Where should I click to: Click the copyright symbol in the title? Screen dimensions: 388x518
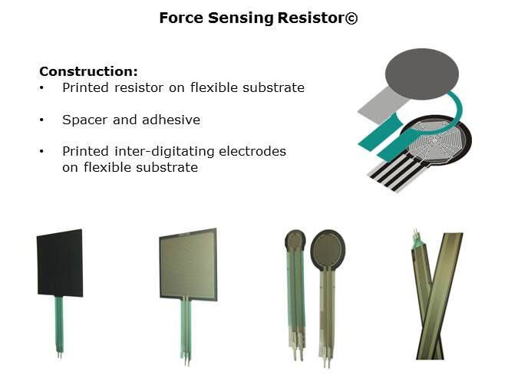click(351, 18)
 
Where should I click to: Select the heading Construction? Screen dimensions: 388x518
click(88, 71)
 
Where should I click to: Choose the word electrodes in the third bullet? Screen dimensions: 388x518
click(255, 152)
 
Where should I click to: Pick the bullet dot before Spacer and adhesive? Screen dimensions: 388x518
click(42, 120)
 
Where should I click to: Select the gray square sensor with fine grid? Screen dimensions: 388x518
click(188, 265)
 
